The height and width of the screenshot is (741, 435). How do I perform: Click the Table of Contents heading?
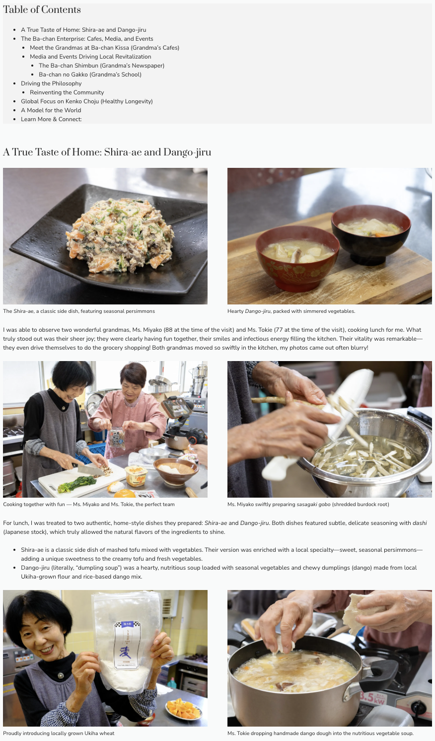point(42,9)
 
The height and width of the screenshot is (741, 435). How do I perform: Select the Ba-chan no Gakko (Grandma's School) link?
point(90,74)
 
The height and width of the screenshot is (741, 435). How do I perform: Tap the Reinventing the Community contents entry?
point(67,92)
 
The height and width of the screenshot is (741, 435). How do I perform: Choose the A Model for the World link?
point(51,110)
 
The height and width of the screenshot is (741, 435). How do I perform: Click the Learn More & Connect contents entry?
point(51,119)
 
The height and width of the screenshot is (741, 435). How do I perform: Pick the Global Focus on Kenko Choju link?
point(86,101)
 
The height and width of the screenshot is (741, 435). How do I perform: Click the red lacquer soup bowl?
point(297,258)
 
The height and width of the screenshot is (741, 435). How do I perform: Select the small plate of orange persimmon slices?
point(183,709)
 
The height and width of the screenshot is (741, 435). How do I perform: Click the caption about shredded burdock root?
point(308,504)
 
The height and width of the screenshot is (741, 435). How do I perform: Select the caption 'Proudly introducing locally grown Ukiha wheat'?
point(59,733)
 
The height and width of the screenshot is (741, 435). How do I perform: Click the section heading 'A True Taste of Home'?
point(107,152)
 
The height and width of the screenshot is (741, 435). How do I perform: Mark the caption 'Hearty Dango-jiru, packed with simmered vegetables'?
point(291,311)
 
